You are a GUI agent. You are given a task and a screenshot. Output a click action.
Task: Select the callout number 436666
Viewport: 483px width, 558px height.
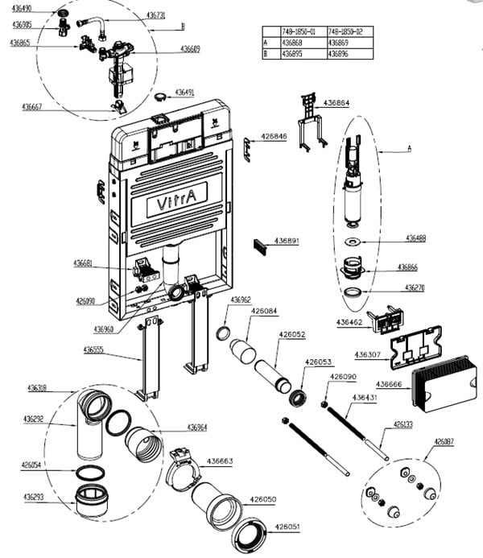393,384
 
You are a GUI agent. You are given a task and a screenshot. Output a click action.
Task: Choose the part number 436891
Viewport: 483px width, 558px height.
287,241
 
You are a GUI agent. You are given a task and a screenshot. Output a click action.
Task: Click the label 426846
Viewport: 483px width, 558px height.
273,137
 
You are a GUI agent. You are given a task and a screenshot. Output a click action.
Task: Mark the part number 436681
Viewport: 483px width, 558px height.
84,264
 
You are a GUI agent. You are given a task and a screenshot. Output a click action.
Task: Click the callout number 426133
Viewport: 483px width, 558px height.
403,424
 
